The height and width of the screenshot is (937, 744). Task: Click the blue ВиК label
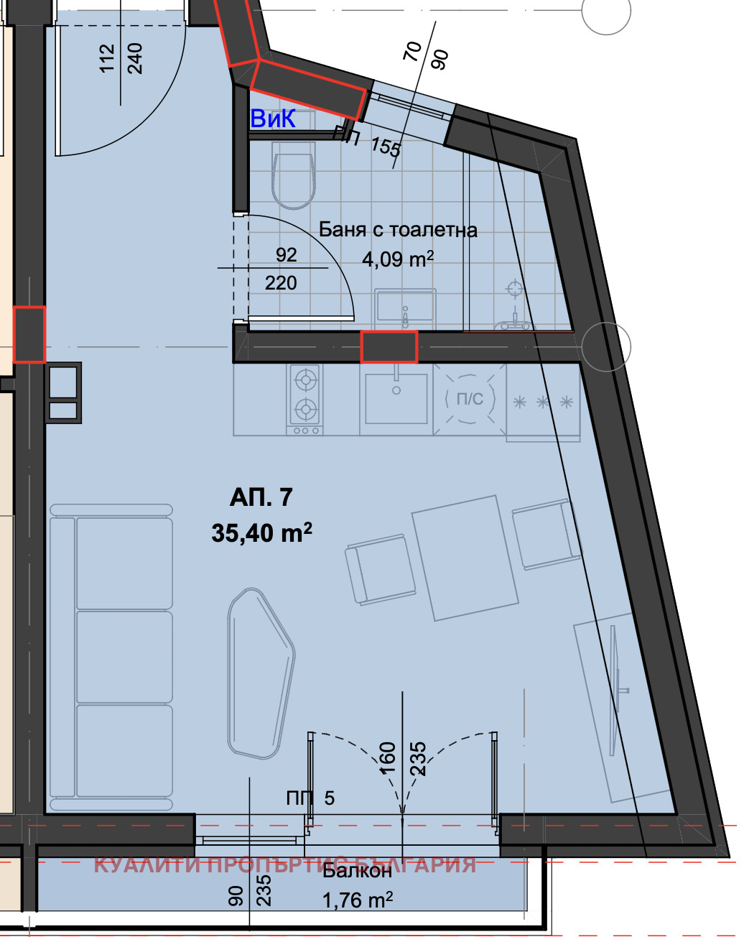click(273, 119)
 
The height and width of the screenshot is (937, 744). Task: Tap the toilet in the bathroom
click(293, 175)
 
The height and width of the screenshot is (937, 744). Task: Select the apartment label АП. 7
click(261, 497)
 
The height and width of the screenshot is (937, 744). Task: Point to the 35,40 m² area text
click(261, 532)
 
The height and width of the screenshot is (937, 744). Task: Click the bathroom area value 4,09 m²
click(398, 259)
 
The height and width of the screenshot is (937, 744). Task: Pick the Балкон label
click(357, 871)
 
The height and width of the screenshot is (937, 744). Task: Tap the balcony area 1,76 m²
click(357, 900)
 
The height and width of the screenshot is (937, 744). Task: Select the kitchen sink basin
click(396, 398)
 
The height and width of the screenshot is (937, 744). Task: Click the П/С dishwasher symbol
click(470, 399)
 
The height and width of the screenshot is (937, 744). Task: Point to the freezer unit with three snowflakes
click(542, 402)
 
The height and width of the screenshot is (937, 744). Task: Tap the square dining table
click(465, 558)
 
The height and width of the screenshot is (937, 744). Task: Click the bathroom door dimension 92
click(286, 254)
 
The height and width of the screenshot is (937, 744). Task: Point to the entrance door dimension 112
click(106, 58)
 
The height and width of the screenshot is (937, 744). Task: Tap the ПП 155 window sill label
click(367, 140)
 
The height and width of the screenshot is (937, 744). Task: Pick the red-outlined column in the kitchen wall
click(389, 346)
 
